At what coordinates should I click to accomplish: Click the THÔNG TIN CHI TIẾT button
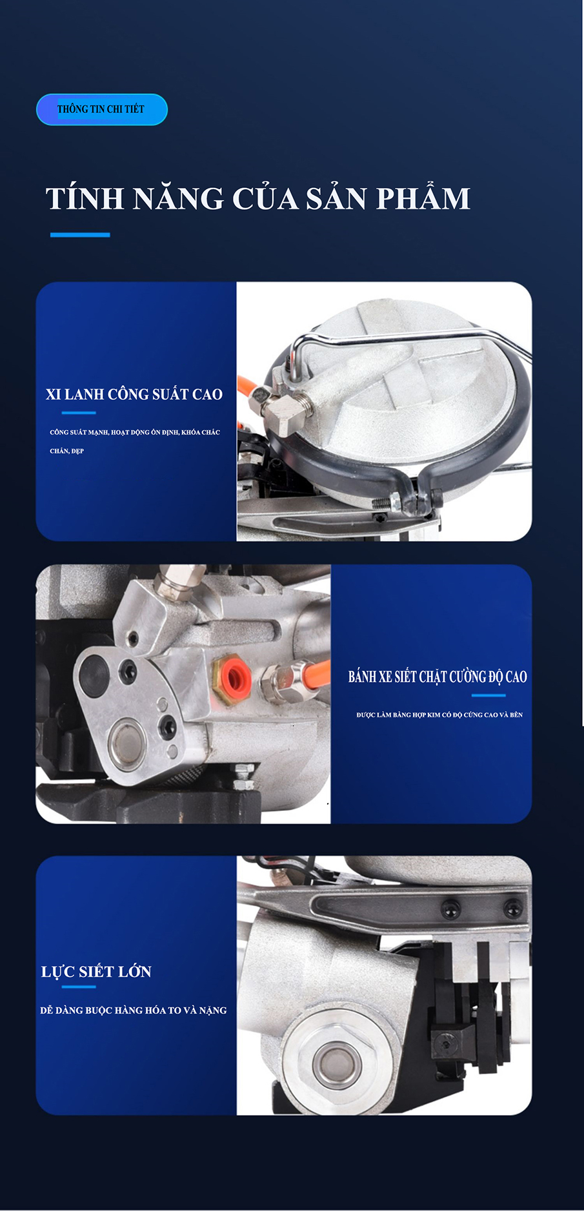click(x=102, y=109)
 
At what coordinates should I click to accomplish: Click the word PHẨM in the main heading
click(x=423, y=198)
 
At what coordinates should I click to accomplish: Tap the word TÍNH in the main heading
click(x=85, y=198)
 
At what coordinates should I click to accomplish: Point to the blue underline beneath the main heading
click(x=80, y=234)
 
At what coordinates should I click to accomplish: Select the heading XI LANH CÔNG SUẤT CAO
click(x=134, y=394)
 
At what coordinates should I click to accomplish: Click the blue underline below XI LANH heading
click(x=79, y=413)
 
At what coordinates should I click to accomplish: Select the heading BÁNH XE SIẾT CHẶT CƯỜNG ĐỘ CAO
click(x=438, y=677)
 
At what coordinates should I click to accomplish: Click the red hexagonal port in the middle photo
click(x=234, y=675)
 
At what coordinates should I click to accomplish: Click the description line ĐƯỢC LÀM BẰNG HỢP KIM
click(x=439, y=715)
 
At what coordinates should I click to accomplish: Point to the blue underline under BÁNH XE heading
click(x=488, y=695)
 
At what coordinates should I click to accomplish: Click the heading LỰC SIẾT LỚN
click(x=96, y=971)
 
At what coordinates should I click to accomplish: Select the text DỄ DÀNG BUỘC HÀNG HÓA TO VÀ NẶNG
click(x=134, y=1010)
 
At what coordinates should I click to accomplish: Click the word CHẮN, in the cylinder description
click(x=59, y=451)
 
